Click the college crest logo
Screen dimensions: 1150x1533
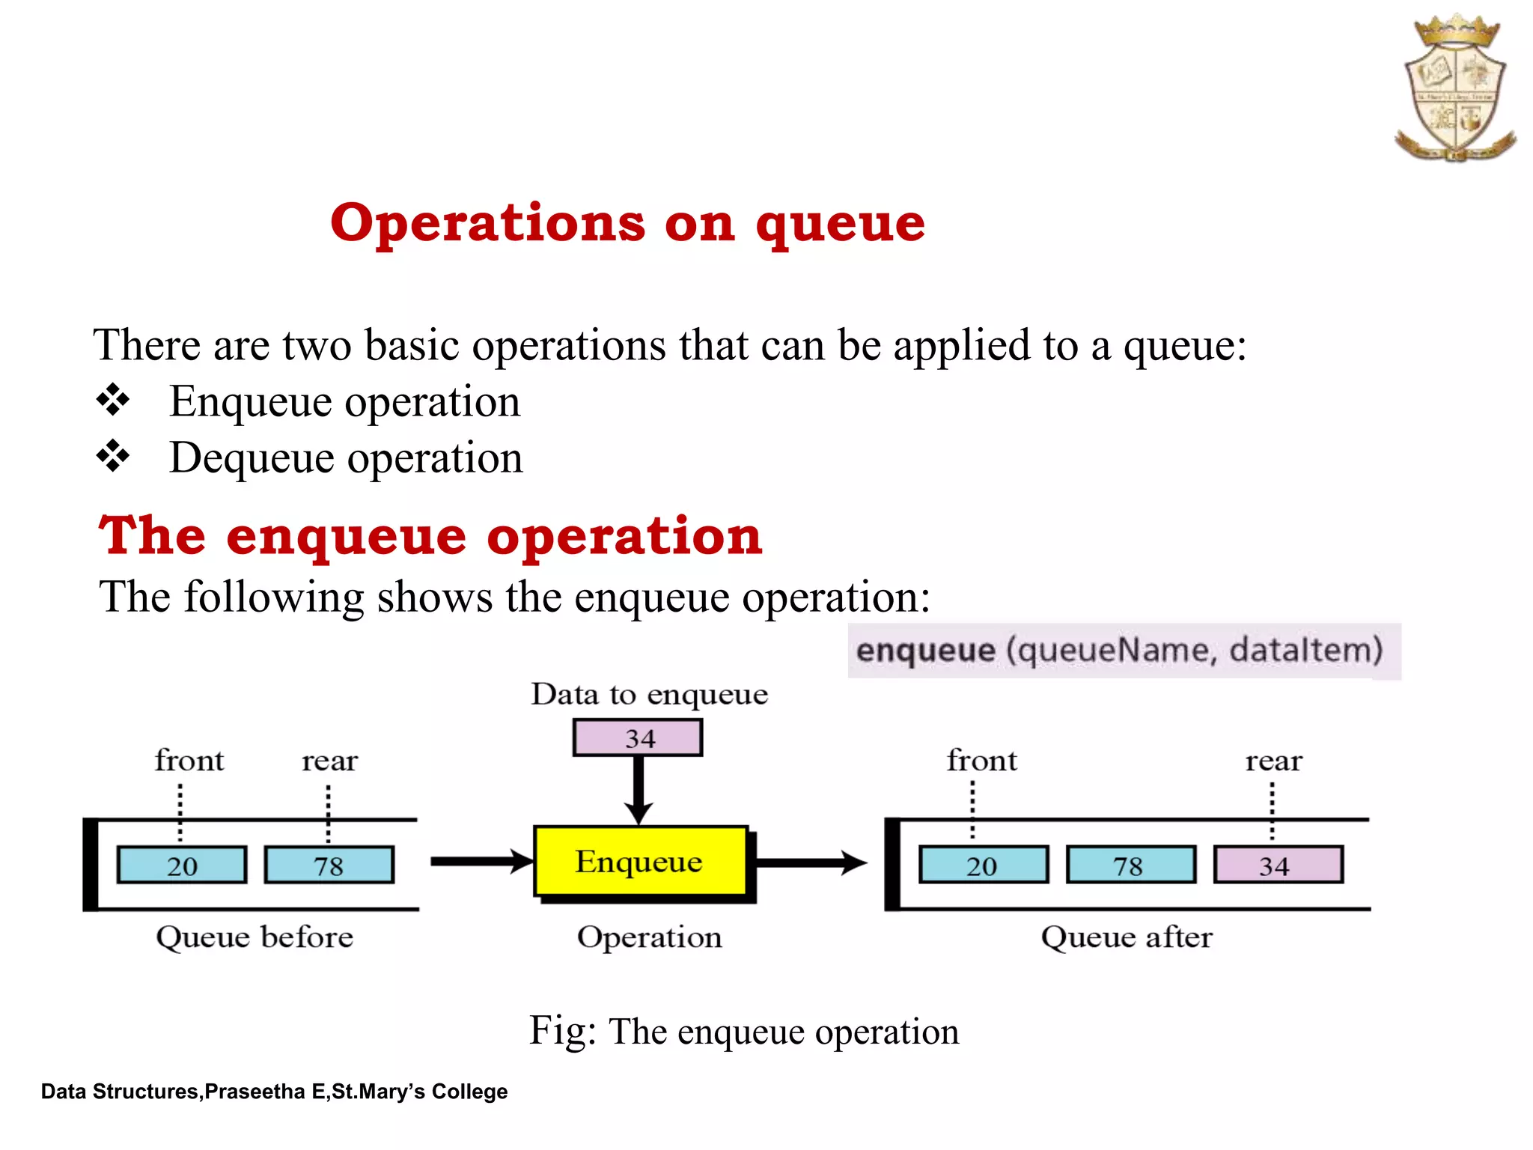1454,88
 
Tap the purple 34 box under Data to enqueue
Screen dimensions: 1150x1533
638,738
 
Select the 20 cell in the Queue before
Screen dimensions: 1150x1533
182,865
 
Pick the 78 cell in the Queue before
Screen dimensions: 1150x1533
329,865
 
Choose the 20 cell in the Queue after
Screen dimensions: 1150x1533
983,865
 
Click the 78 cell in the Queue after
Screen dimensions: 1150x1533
1130,865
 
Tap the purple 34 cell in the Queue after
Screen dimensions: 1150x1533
1277,865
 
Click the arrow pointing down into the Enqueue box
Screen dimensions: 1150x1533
639,790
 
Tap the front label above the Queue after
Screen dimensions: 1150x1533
981,761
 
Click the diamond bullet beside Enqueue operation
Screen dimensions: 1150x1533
113,400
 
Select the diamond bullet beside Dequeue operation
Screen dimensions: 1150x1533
113,456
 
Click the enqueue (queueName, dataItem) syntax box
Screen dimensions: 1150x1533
1123,650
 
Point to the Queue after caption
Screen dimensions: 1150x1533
1127,937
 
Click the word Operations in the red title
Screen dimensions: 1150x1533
487,222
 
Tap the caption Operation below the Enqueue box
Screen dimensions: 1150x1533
649,937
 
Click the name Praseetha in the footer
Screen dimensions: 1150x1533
255,1092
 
